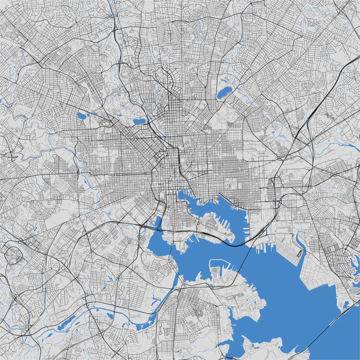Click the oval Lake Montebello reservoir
(x=224, y=92)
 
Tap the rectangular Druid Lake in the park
(x=139, y=121)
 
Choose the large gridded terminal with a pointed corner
(x=316, y=275)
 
